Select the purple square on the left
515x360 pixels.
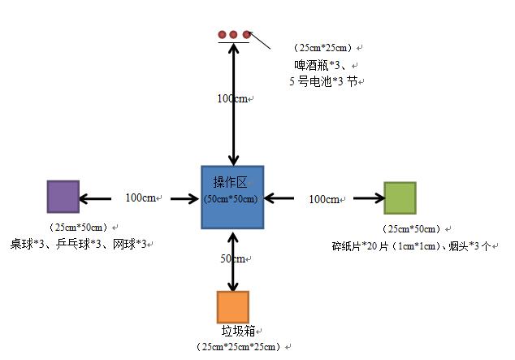[63, 197]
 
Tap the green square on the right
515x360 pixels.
[399, 198]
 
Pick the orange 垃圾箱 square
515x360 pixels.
[232, 307]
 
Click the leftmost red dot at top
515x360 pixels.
[221, 34]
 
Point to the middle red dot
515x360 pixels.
[233, 34]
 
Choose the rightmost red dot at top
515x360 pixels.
[245, 34]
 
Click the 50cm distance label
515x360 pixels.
[232, 259]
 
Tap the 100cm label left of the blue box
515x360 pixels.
[141, 197]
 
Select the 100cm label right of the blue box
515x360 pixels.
[324, 199]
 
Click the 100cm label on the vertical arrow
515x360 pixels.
[232, 98]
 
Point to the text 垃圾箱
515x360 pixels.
[239, 332]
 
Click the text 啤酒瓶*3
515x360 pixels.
[321, 64]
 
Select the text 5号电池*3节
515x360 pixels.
[322, 81]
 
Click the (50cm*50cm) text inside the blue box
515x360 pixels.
[232, 199]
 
